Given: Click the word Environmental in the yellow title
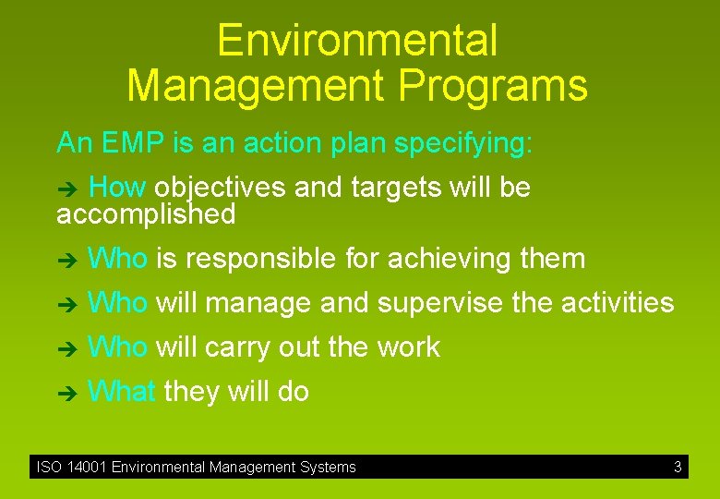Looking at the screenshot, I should tap(357, 42).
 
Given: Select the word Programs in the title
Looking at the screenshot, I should tap(494, 86).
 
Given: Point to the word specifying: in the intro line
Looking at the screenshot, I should tap(463, 143).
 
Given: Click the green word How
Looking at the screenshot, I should tap(117, 188).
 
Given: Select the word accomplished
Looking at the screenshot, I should tap(146, 215).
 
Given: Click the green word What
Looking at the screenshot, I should tap(120, 392).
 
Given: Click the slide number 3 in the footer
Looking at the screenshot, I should tap(678, 468).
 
